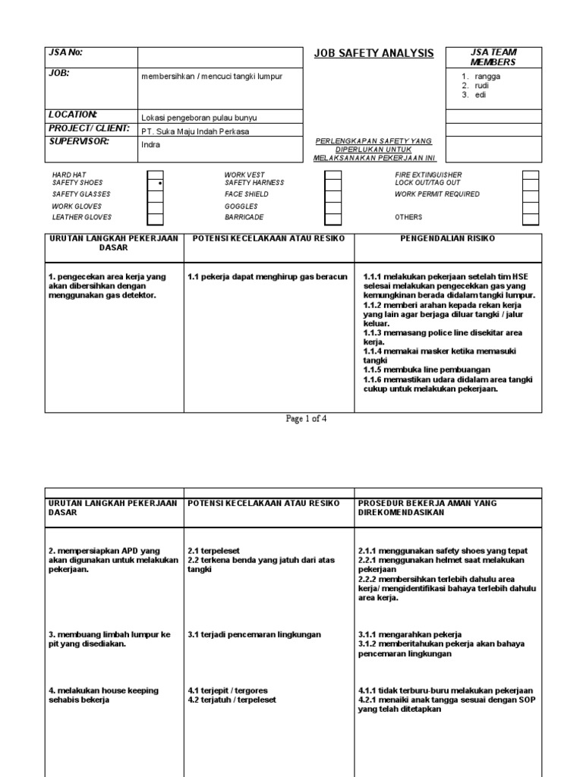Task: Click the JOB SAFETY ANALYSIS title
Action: pos(373,53)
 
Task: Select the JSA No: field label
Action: pos(65,52)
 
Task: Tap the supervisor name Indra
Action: pos(152,143)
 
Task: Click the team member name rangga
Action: pos(487,77)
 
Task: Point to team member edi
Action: pos(481,96)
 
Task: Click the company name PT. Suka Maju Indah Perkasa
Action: pos(195,131)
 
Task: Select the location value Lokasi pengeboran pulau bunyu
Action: pos(199,118)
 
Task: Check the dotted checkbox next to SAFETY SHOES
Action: pos(155,184)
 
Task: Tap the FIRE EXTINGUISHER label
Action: pos(427,175)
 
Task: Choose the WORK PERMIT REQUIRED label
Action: pos(436,194)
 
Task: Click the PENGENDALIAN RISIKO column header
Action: pos(447,239)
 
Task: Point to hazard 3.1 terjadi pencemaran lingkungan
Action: pos(254,634)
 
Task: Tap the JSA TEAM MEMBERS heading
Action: pos(493,58)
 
